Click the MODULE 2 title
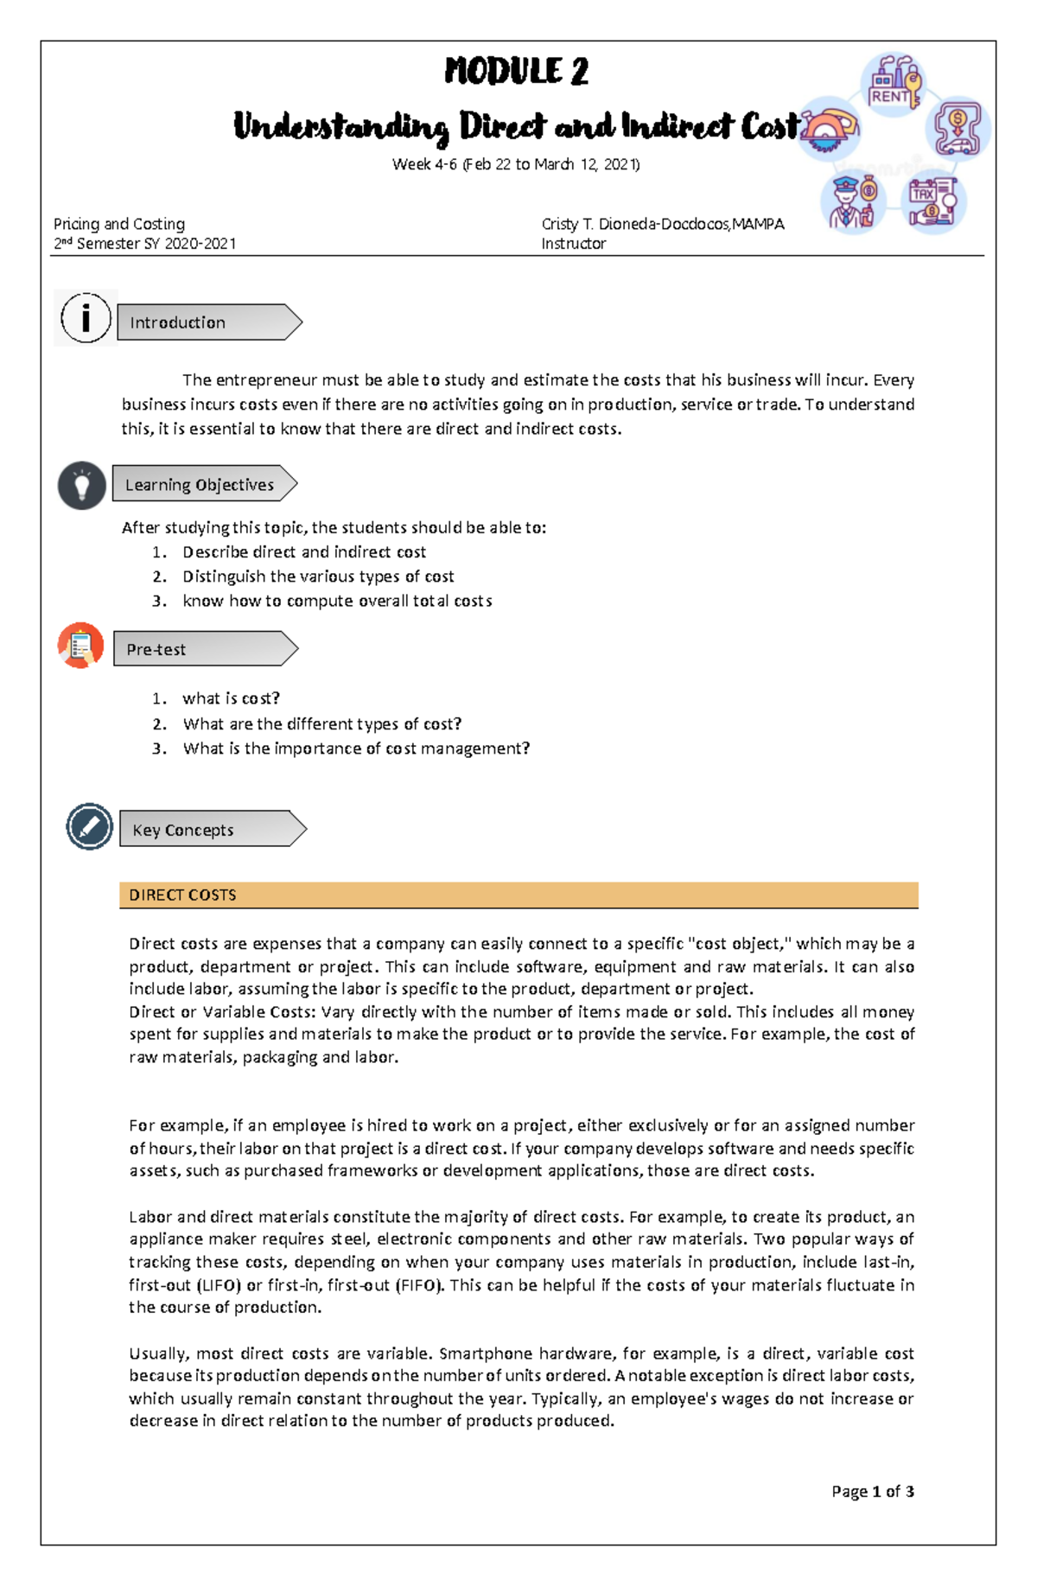516,72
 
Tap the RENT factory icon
894,83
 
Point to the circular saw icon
829,129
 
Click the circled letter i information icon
86,318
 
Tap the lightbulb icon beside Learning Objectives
82,485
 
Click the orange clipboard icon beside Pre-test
81,646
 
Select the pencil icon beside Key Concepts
90,826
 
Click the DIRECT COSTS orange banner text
182,895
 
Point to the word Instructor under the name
573,244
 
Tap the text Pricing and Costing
119,224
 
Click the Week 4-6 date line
516,164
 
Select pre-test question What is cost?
231,698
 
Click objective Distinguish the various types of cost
317,576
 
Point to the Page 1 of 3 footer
872,1491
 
